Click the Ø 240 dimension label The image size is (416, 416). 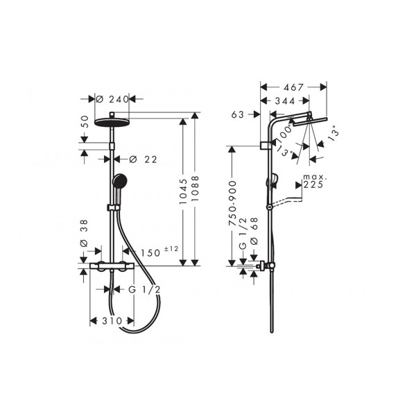tap(112, 99)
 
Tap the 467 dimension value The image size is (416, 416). tap(293, 87)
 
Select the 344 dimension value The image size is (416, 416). tap(285, 101)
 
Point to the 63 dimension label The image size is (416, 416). tap(237, 114)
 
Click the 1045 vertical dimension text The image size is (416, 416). tap(183, 191)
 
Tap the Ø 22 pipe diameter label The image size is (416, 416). tap(144, 159)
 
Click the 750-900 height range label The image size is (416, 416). tap(232, 203)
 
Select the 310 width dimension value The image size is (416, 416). tap(112, 321)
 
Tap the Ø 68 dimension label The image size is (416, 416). tap(254, 231)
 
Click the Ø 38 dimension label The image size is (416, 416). tap(84, 234)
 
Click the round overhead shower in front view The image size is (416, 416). tap(112, 123)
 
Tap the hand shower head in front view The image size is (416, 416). tap(120, 181)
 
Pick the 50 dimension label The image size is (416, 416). tap(84, 121)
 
